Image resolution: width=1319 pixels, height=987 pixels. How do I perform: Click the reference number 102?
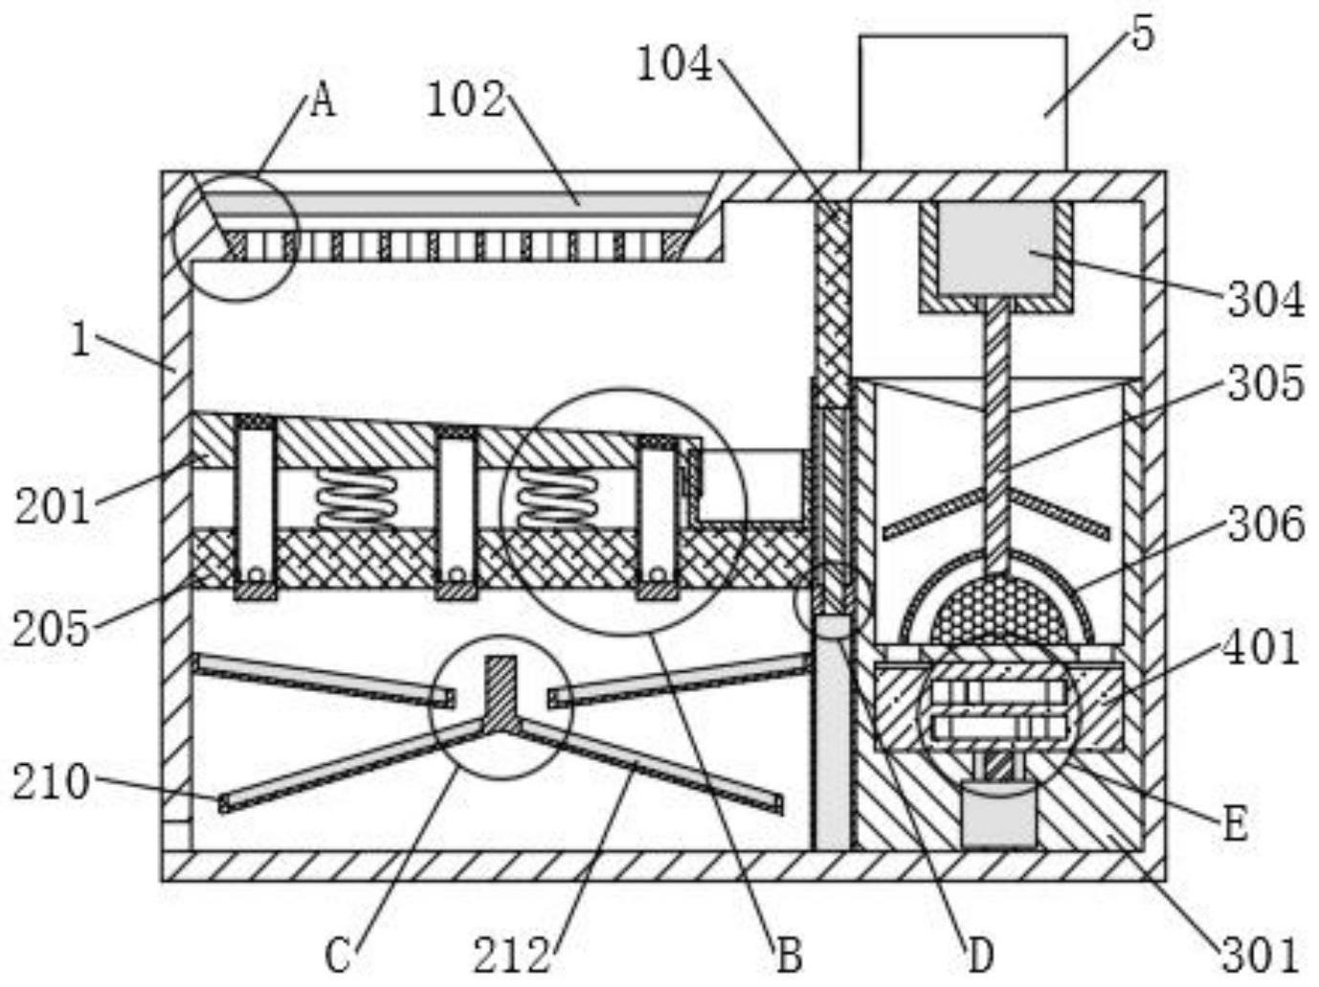tap(465, 100)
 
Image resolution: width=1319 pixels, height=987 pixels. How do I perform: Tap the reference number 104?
tap(675, 65)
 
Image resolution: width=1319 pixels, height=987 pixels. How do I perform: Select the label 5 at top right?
tap(1143, 34)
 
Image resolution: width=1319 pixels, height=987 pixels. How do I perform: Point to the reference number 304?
tap(1265, 300)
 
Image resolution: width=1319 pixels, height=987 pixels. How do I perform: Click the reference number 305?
tap(1265, 384)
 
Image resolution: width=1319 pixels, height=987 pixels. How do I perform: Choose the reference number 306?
tap(1265, 525)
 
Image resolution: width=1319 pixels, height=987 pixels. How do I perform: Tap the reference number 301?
tap(1260, 954)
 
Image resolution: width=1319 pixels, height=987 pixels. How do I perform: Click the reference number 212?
tap(512, 955)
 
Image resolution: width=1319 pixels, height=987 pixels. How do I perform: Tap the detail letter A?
tap(323, 100)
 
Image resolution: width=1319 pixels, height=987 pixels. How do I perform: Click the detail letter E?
tap(1235, 823)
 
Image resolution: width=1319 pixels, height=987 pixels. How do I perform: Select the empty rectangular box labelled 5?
tap(962, 103)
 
